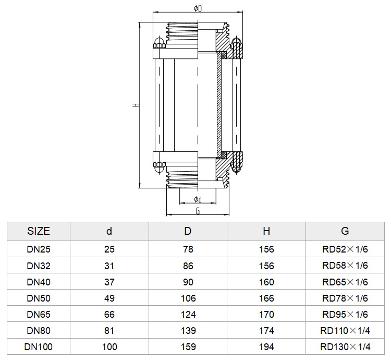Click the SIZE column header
(39, 231)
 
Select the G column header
(345, 231)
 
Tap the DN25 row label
(39, 249)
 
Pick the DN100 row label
(39, 346)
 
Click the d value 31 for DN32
(109, 266)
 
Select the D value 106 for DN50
(188, 298)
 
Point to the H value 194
(266, 346)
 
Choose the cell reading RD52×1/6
(345, 249)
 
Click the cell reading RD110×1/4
(345, 330)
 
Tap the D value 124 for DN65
(188, 314)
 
